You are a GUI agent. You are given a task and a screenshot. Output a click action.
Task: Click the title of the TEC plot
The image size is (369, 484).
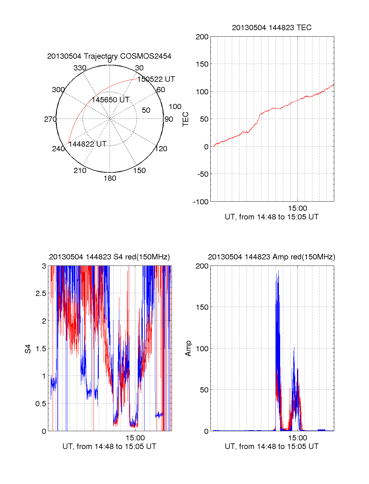click(272, 28)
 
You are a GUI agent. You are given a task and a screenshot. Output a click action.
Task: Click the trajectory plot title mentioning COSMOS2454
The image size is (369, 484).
click(109, 56)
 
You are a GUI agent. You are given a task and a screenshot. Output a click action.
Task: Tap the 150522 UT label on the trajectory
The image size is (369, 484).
click(156, 79)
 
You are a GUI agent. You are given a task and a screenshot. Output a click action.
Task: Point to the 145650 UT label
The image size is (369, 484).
click(110, 100)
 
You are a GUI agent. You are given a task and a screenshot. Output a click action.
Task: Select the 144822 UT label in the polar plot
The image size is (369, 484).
click(87, 144)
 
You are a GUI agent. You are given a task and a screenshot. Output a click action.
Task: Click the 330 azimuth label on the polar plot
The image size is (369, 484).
click(80, 68)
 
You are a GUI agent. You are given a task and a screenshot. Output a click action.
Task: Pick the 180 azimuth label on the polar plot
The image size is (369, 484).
click(110, 178)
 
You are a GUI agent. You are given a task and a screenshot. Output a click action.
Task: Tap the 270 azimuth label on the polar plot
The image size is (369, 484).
click(50, 119)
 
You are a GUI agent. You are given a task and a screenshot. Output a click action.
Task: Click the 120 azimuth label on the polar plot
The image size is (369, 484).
click(161, 149)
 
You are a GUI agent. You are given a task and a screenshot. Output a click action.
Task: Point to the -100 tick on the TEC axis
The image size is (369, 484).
click(201, 202)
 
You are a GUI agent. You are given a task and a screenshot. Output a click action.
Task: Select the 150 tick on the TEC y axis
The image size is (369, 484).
click(202, 64)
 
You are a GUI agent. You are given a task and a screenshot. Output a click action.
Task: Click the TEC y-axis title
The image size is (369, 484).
click(185, 119)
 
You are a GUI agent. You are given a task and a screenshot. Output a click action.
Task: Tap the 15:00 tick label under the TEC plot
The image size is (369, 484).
click(297, 208)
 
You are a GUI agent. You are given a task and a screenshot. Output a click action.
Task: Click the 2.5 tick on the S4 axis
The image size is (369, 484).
click(41, 293)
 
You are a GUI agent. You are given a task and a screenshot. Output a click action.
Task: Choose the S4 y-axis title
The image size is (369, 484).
click(28, 349)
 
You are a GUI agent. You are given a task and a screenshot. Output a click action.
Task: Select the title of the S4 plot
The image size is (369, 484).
click(109, 257)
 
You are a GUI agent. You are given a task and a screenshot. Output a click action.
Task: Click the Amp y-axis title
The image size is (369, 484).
click(188, 348)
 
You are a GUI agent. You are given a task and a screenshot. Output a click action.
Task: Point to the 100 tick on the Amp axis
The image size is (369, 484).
click(202, 349)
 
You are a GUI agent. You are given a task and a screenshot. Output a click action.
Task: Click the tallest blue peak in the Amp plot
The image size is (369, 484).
click(278, 271)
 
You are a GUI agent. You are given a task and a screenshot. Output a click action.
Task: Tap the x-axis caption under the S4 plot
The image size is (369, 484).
click(109, 447)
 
